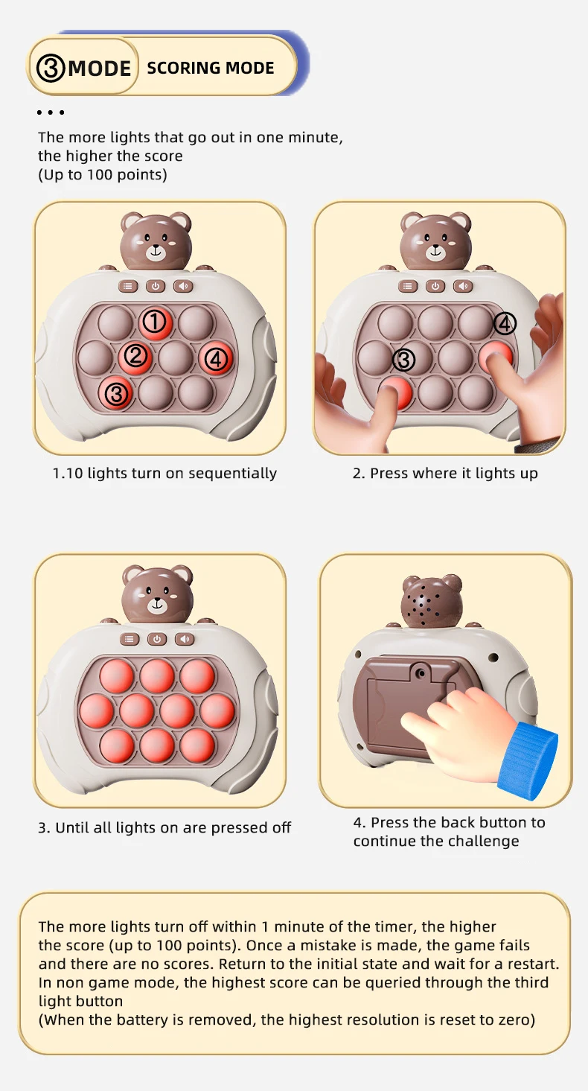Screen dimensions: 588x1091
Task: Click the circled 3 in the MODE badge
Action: (51, 68)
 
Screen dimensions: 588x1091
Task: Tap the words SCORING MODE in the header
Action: (211, 68)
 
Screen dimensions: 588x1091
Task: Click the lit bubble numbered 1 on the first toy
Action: (156, 322)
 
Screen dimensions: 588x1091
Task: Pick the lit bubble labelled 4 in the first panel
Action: (216, 359)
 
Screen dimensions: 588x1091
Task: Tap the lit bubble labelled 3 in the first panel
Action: (116, 393)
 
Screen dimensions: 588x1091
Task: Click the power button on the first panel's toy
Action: (156, 287)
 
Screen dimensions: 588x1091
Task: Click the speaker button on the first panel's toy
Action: (183, 287)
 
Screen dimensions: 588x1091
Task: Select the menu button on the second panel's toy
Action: (408, 287)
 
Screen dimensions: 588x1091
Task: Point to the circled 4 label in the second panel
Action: (505, 323)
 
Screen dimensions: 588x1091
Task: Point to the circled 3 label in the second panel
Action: (404, 360)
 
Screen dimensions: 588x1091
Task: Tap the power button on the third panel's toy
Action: (157, 639)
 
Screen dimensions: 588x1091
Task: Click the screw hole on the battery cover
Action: (421, 674)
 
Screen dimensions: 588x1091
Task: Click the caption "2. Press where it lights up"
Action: (445, 473)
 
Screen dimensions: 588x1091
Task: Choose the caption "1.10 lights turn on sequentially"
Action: (164, 473)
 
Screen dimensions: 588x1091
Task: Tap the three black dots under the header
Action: (50, 112)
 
